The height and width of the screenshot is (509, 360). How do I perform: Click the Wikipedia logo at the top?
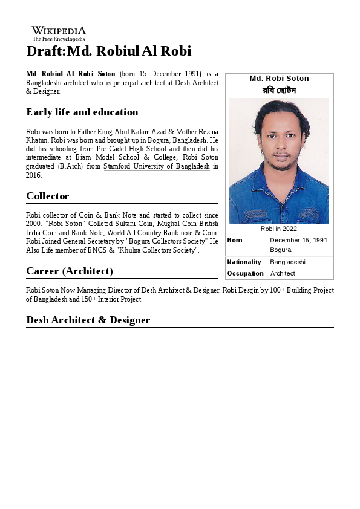point(59,33)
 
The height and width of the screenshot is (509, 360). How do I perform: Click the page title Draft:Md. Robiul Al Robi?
point(109,51)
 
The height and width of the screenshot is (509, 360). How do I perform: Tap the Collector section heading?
point(48,196)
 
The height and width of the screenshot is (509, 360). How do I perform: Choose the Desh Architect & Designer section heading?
point(88,320)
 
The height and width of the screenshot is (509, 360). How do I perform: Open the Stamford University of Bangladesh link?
point(157,166)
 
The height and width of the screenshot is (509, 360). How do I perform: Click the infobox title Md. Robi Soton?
point(279,79)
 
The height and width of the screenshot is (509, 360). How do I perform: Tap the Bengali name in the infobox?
point(279,91)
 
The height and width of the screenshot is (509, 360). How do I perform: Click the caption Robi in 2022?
point(279,229)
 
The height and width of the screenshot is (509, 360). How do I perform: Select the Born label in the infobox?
point(235,240)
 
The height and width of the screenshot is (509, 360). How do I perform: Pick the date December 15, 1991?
point(299,240)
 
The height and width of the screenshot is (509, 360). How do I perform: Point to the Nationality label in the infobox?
point(244,262)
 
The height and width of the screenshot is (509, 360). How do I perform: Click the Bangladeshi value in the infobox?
point(287,262)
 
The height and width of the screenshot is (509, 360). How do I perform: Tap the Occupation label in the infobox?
point(245,273)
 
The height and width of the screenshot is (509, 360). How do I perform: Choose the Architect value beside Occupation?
point(283,273)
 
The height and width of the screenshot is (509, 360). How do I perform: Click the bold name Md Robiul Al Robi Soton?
point(71,73)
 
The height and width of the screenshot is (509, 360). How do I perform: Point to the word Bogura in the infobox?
point(281,250)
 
